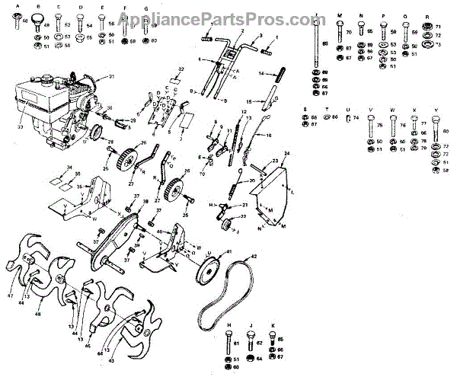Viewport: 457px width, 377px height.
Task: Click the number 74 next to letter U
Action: pos(355,117)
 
